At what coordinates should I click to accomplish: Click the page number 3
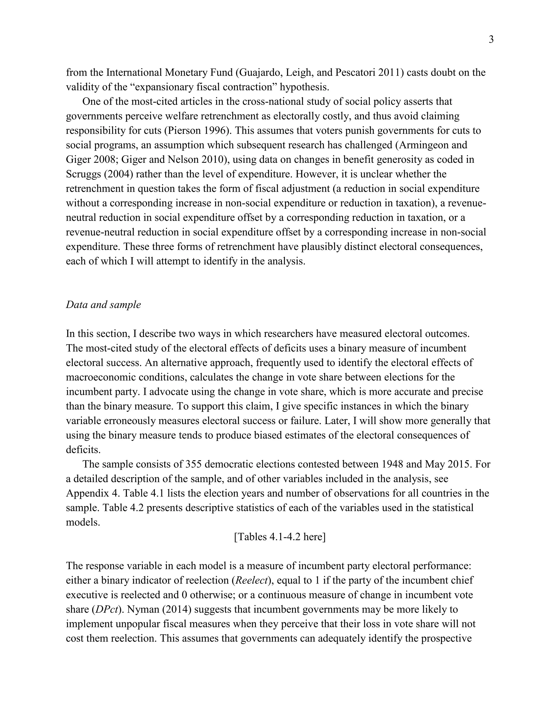(x=491, y=40)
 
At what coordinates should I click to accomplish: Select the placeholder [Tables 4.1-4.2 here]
(x=280, y=537)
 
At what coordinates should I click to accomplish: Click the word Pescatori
(x=354, y=73)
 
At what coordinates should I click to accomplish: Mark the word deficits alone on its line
(x=83, y=450)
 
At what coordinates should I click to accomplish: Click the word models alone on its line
(x=83, y=522)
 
